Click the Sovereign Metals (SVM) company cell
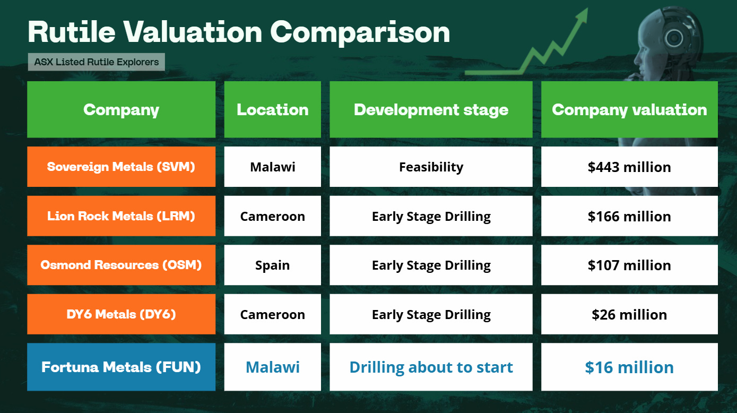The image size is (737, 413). coord(121,167)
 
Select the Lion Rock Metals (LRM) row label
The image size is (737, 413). coord(121,216)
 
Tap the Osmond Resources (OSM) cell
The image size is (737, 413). coord(121,265)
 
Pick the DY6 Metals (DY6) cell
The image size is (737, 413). coord(121,314)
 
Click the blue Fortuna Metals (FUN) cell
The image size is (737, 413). coord(121,367)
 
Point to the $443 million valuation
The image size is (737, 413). coord(629,167)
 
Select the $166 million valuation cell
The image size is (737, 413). coord(629,216)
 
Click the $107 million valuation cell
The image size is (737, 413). coord(629,265)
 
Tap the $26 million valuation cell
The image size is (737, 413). coord(629,314)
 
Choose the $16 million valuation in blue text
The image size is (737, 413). coord(629,367)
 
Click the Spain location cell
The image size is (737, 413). coord(272,265)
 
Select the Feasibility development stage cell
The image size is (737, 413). coord(431,167)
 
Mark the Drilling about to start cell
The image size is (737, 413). coord(431,367)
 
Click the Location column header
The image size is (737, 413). coord(272,109)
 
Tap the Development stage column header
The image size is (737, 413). coord(431,109)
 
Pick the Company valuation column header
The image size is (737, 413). coord(629,109)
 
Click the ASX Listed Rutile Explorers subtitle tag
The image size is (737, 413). coord(97,62)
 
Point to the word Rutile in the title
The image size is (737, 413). coord(72,32)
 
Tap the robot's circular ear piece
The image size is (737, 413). coord(674,38)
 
